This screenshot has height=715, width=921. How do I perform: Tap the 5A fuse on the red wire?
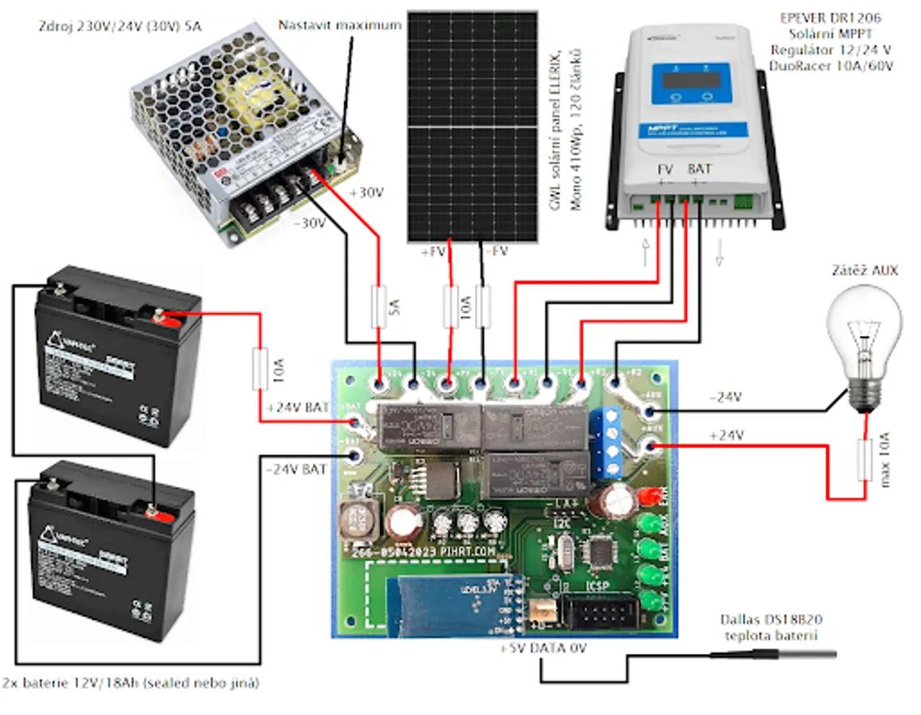pyautogui.click(x=379, y=307)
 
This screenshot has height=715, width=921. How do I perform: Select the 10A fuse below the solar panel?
pyautogui.click(x=451, y=306)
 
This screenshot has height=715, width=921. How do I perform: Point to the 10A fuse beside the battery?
pyautogui.click(x=260, y=368)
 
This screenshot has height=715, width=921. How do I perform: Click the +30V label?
pyautogui.click(x=366, y=193)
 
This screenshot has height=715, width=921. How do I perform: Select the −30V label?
pyautogui.click(x=309, y=223)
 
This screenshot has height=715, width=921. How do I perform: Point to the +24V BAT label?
pyautogui.click(x=296, y=408)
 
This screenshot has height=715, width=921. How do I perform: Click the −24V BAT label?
pyautogui.click(x=296, y=470)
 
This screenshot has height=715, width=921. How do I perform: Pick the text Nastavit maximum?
pyautogui.click(x=340, y=25)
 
